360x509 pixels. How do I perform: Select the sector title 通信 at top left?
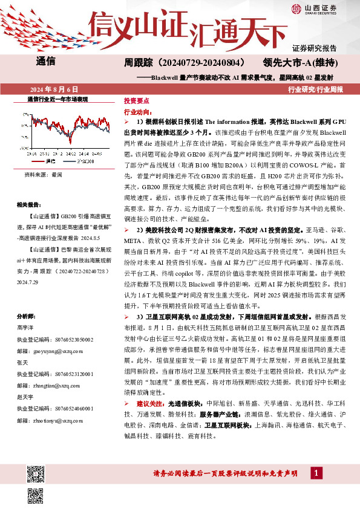click(46, 61)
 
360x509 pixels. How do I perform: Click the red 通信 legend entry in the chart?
click(50, 161)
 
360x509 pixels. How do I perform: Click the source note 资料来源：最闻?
click(43, 173)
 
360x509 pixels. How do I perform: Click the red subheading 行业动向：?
click(137, 112)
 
